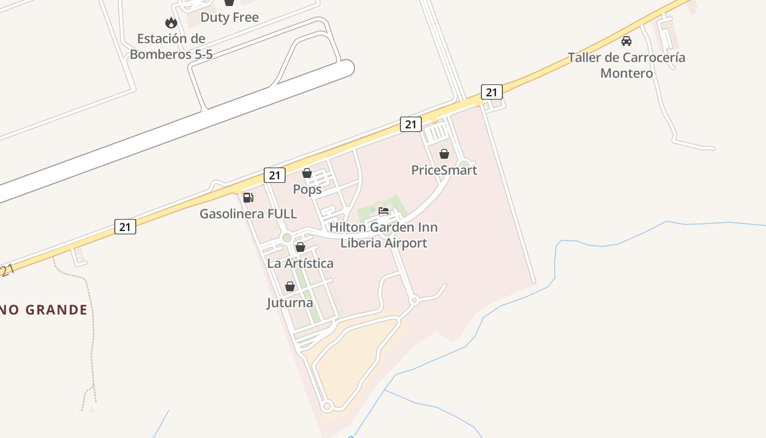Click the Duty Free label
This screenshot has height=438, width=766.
[229, 17]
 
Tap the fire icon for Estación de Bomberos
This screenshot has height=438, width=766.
[171, 23]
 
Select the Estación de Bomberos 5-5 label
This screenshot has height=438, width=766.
[171, 47]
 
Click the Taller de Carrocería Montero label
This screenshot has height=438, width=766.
[626, 65]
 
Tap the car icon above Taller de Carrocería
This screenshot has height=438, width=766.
[626, 41]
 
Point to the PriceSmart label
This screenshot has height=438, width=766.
[444, 170]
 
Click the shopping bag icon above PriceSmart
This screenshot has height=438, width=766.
[444, 154]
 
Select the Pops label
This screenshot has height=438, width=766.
[307, 189]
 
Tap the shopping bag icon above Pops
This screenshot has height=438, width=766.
[307, 174]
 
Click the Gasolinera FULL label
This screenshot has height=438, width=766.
[248, 214]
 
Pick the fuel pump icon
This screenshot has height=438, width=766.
[248, 198]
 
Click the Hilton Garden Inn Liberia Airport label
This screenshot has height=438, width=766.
[384, 235]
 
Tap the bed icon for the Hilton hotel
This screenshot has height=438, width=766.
[384, 211]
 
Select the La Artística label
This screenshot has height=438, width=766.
[300, 263]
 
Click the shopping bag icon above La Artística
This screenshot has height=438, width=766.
[300, 247]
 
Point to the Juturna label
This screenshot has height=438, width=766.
[290, 303]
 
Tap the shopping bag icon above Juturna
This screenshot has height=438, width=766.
[290, 286]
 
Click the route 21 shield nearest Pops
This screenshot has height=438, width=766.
[275, 175]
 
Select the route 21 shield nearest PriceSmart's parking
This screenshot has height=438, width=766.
[410, 124]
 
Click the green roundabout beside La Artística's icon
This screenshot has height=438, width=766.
[286, 238]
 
